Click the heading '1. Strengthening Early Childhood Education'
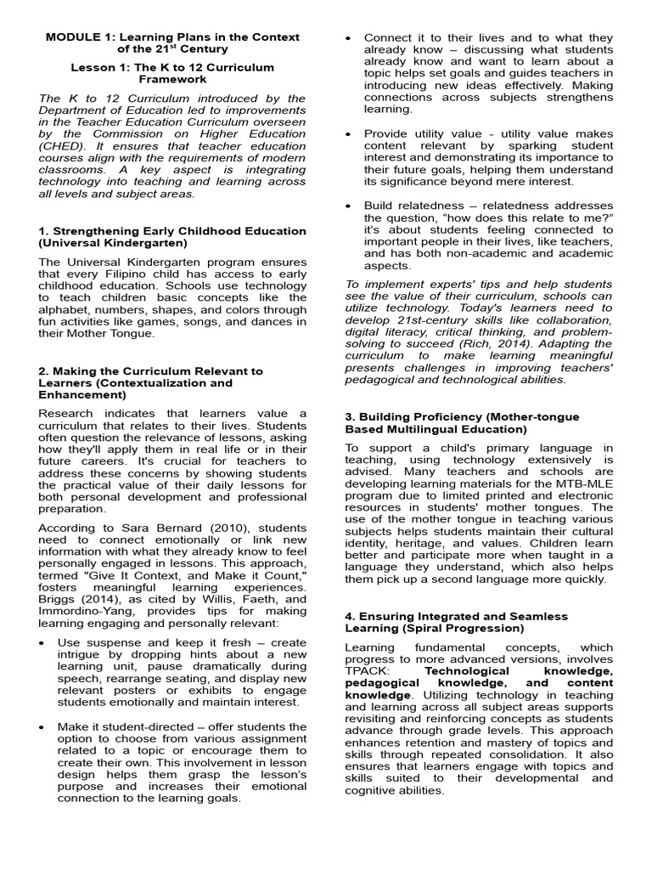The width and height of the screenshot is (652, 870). coord(172,231)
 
